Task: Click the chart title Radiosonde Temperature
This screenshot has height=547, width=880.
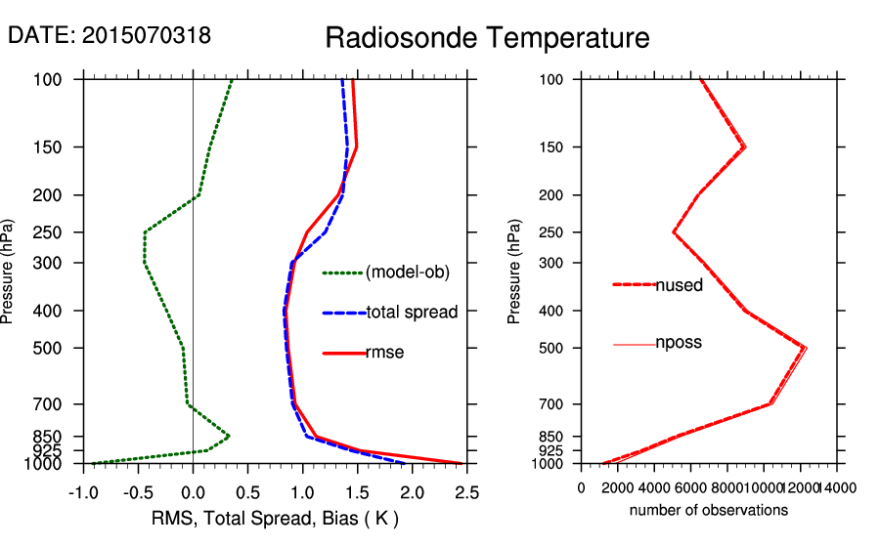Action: (487, 38)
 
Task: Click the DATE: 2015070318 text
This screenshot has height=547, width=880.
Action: (110, 35)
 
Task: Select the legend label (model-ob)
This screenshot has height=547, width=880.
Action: (408, 273)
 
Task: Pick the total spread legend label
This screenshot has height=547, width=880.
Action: (412, 313)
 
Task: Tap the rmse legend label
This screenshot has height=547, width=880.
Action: (384, 353)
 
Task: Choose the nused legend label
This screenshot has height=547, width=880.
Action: (679, 284)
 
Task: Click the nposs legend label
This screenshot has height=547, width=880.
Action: (679, 343)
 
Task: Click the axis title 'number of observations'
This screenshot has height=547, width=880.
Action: (709, 510)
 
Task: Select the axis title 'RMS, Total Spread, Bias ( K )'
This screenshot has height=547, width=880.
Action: (276, 517)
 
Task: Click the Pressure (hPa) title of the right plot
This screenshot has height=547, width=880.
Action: (514, 272)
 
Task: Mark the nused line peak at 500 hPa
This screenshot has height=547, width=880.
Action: (805, 348)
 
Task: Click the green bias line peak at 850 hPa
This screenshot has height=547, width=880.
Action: (229, 436)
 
